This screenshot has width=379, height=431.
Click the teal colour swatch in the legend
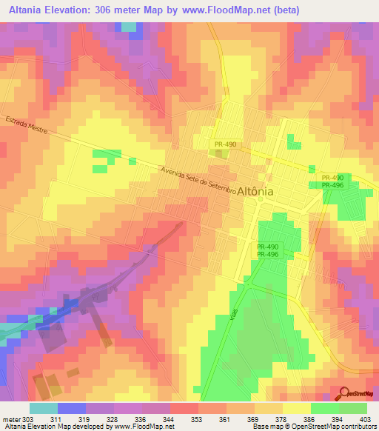pos(44,408)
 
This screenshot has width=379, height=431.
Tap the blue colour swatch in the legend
pos(72,408)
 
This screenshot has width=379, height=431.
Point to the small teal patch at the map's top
pos(130,27)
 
